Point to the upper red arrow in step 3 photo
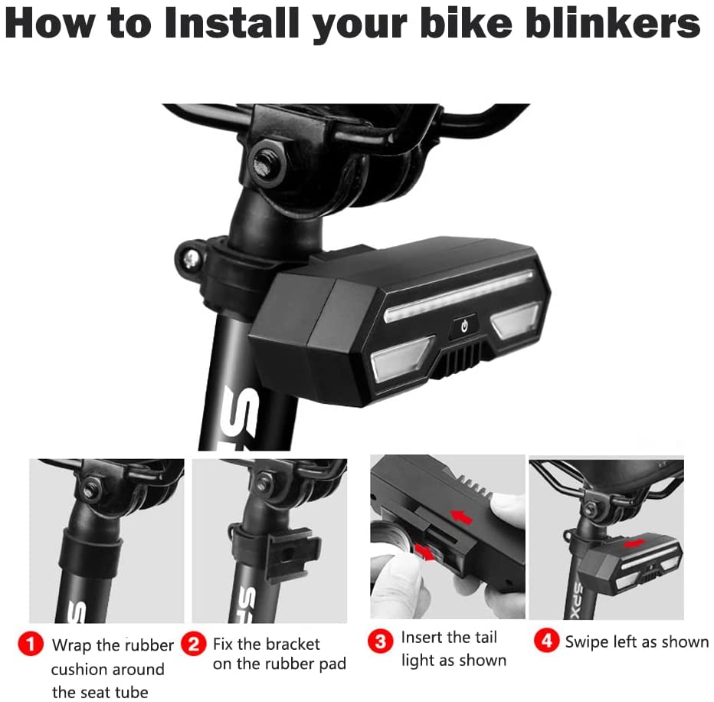tap(462, 518)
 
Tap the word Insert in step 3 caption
tap(421, 638)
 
